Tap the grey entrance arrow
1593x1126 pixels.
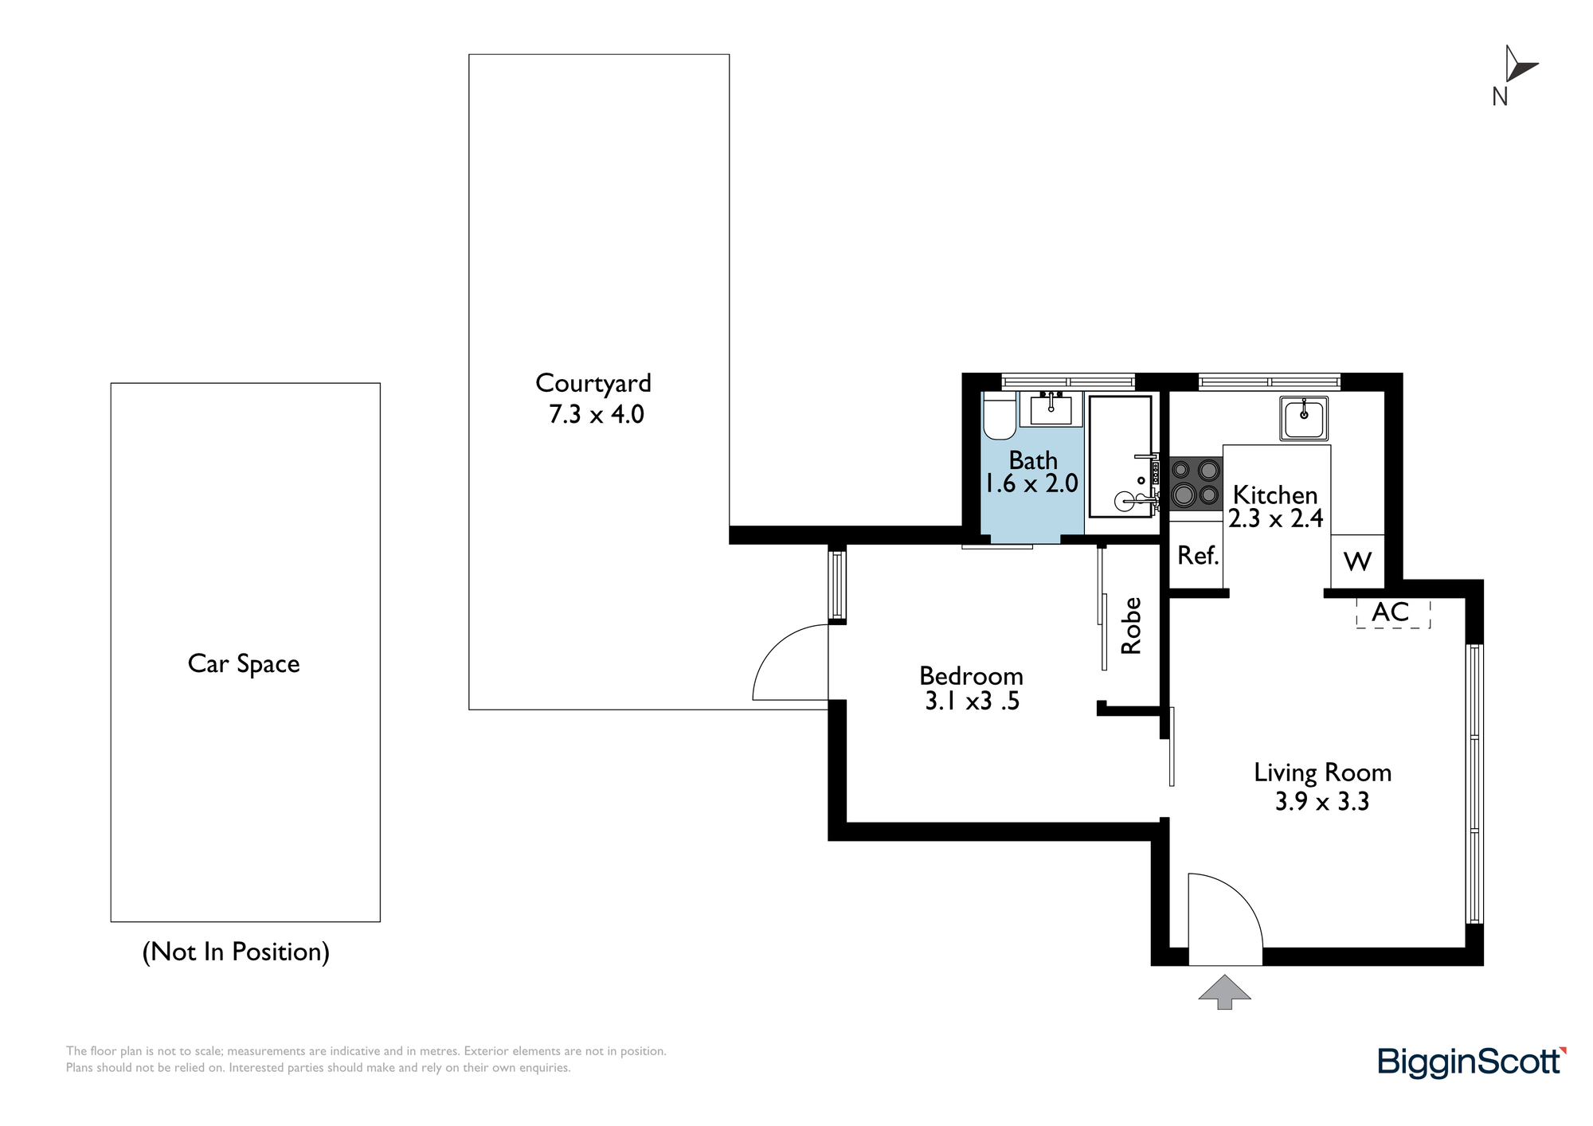coord(1225,992)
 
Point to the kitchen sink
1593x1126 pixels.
coord(1304,418)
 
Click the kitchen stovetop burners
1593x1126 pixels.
coord(1196,483)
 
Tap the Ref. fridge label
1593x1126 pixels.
coord(1198,555)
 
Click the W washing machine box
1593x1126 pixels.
coord(1357,561)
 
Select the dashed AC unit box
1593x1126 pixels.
coord(1393,613)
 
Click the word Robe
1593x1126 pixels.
coord(1131,626)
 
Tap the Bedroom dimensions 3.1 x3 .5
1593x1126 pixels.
coord(972,702)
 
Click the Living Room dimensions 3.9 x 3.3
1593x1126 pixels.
coord(1322,801)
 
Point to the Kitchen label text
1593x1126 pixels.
coord(1275,495)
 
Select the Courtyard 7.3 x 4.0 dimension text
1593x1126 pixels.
coord(596,414)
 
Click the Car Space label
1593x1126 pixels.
coord(244,664)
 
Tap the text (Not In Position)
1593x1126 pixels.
coord(236,952)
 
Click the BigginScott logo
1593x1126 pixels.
coord(1472,1062)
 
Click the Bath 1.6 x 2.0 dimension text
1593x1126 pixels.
coord(1032,483)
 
